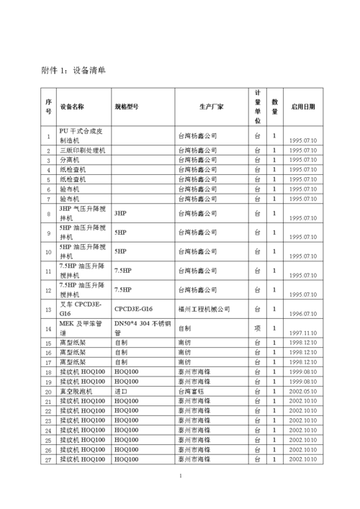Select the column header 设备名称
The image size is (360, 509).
pyautogui.click(x=72, y=107)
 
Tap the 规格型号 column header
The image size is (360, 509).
pyautogui.click(x=127, y=107)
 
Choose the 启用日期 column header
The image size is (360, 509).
pyautogui.click(x=302, y=107)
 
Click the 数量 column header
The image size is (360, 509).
pyautogui.click(x=274, y=107)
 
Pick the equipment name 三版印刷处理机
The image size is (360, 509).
pyautogui.click(x=82, y=150)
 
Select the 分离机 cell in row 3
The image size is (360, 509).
pyautogui.click(x=70, y=160)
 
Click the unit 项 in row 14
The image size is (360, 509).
pyautogui.click(x=257, y=328)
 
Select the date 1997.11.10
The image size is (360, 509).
pyautogui.click(x=302, y=333)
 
